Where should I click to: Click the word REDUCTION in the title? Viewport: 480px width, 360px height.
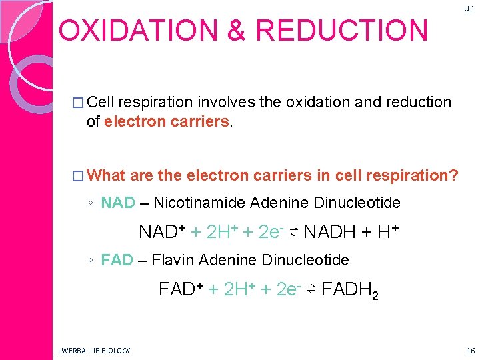341,31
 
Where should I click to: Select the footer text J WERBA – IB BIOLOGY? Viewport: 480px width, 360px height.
93,351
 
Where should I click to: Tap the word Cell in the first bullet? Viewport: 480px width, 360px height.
101,102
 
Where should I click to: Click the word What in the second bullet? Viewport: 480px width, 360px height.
106,175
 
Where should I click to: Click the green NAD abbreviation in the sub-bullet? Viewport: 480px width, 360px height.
117,203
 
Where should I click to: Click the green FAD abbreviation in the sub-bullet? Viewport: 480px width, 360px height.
117,260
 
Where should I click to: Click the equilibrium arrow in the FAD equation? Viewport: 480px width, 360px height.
311,290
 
